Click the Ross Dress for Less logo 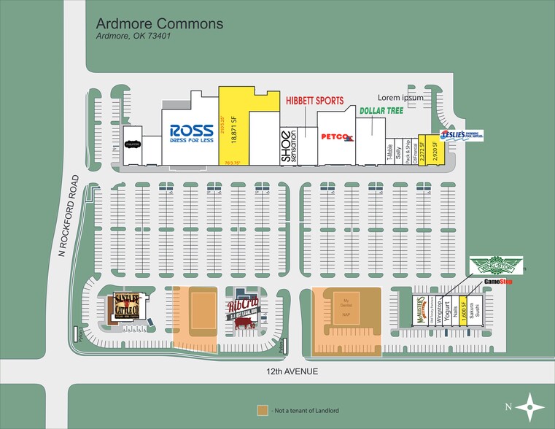point(192,132)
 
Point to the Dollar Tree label point(381,111)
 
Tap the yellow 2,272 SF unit point(423,148)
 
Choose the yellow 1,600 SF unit point(463,312)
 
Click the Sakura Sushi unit point(475,312)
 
